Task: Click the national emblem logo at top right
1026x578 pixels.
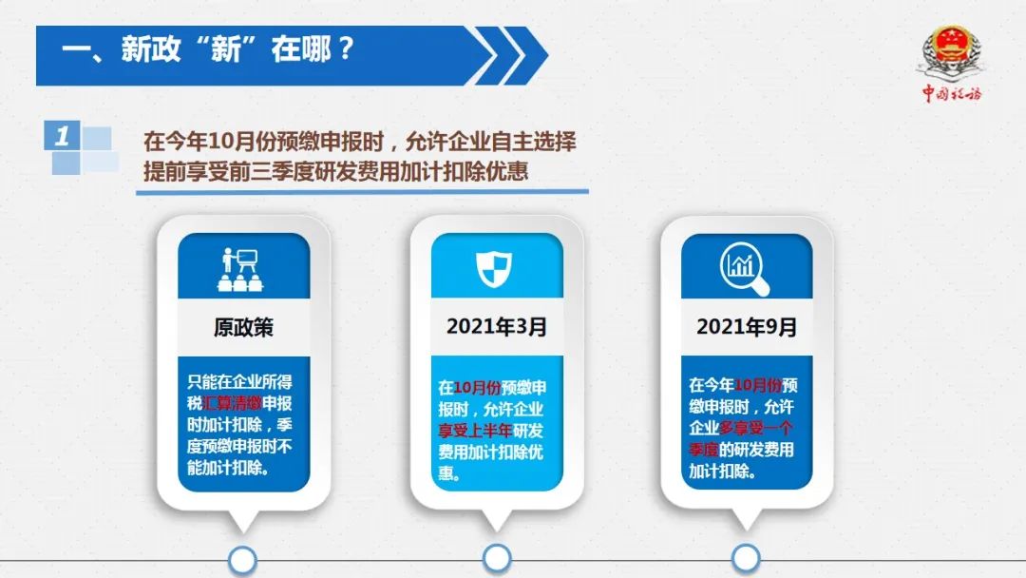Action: point(952,51)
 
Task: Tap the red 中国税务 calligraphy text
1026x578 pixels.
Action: point(952,93)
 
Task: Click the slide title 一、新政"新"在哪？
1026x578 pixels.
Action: point(208,49)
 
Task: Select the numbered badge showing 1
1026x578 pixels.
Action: point(62,136)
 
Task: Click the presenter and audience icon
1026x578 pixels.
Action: point(240,269)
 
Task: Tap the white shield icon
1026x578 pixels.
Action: point(494,268)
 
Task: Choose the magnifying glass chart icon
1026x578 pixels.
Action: point(745,268)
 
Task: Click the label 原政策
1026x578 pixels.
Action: point(243,327)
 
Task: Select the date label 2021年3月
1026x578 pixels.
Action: point(497,326)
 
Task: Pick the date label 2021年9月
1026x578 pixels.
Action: point(747,326)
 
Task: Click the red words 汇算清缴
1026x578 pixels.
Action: point(233,403)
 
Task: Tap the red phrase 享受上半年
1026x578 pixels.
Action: point(475,431)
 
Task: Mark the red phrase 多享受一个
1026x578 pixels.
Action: point(756,428)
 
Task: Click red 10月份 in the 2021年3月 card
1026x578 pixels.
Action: point(477,388)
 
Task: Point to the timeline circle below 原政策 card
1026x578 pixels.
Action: point(243,561)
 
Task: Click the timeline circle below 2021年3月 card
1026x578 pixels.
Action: point(497,559)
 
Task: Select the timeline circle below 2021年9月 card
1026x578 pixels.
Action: point(746,559)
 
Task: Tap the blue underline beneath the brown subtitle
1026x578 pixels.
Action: point(363,192)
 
